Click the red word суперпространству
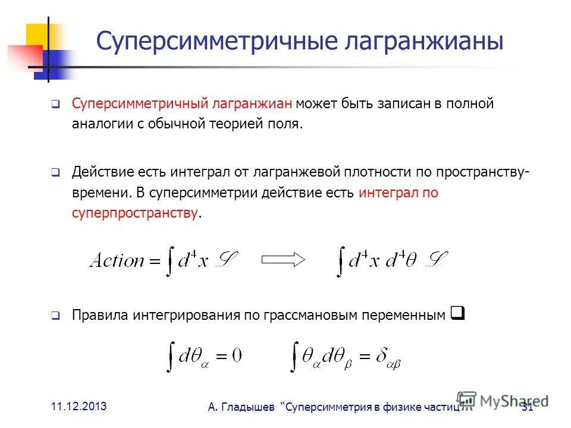(135, 213)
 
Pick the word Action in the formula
(117, 260)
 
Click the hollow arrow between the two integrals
(283, 259)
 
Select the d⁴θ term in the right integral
(406, 260)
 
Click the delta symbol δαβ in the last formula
(385, 358)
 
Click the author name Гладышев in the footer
(250, 407)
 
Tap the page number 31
(526, 407)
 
